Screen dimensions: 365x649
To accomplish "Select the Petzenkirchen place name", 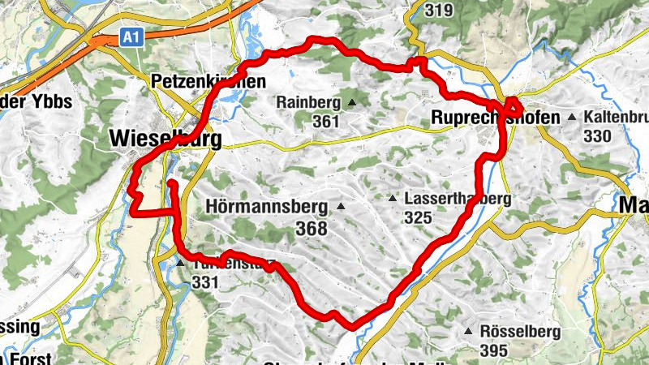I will [208, 82].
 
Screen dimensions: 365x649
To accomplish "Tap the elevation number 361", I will [326, 120].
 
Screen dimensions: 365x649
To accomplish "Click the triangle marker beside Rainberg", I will [352, 102].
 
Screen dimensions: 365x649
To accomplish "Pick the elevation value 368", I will [311, 228].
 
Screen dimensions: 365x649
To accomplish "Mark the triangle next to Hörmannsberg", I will [341, 206].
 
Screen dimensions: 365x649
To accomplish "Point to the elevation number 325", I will [418, 217].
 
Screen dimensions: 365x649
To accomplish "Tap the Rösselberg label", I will [519, 331].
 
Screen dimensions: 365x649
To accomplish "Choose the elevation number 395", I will [493, 350].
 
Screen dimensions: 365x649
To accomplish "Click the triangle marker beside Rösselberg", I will [468, 331].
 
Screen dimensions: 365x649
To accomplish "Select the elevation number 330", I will [596, 135].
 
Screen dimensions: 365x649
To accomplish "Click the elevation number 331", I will [206, 282].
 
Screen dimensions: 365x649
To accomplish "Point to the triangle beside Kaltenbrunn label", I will [572, 118].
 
